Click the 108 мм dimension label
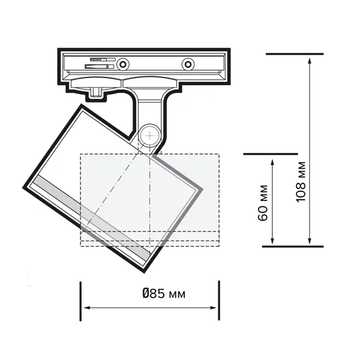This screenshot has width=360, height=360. coord(301,182)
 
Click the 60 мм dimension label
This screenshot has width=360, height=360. coord(263,203)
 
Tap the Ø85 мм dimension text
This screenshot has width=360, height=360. coord(164,293)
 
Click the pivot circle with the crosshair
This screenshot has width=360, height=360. coord(149,136)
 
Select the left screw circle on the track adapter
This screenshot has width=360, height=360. coord(123,64)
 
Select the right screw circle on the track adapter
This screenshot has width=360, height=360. coord(188,64)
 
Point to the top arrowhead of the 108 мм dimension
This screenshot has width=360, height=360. coord(310,61)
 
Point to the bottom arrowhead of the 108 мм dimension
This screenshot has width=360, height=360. coord(310,241)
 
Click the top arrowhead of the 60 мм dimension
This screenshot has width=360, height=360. coord(272,163)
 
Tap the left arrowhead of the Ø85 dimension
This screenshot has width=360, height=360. coord(87,308)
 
